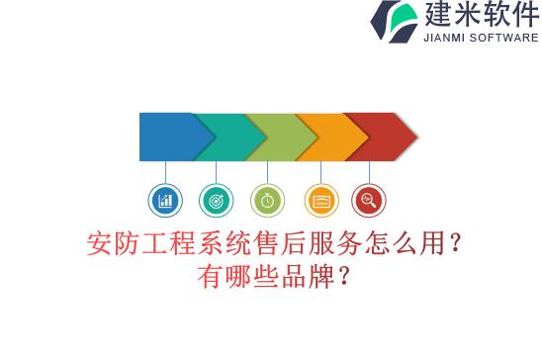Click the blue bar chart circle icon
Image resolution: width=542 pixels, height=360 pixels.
coord(165,201)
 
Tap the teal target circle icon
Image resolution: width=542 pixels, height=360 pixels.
coord(216,201)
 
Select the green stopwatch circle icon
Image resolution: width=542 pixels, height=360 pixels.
coord(267,201)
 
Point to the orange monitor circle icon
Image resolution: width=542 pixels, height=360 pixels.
coord(320,201)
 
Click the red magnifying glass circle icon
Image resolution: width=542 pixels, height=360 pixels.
coord(369,201)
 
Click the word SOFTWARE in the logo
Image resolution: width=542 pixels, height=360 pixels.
coord(506,39)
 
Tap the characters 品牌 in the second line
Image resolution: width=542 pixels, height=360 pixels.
coord(309,276)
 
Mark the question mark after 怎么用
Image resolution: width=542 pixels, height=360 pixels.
coord(454,244)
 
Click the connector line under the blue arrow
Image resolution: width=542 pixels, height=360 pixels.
coord(165,172)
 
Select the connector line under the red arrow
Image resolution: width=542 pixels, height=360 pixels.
coord(369,172)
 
